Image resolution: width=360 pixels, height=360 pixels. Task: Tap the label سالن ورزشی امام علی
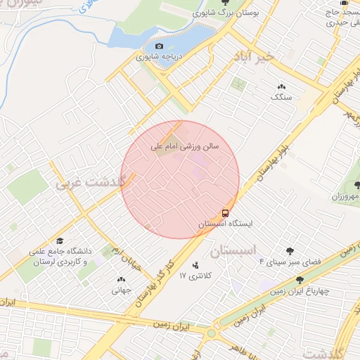pyautogui.click(x=186, y=147)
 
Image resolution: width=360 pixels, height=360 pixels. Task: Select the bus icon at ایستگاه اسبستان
pyautogui.click(x=225, y=212)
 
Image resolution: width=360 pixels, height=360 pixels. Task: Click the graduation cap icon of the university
pyautogui.click(x=59, y=240)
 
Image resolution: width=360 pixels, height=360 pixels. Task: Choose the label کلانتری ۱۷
pyautogui.click(x=195, y=275)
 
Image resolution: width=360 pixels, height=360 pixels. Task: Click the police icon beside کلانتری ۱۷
pyautogui.click(x=195, y=265)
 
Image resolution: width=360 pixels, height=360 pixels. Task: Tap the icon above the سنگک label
pyautogui.click(x=281, y=86)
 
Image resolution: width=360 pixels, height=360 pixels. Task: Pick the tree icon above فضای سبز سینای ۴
pyautogui.click(x=290, y=251)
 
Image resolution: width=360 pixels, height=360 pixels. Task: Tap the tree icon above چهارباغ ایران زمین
pyautogui.click(x=300, y=280)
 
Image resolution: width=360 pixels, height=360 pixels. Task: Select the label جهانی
pyautogui.click(x=121, y=289)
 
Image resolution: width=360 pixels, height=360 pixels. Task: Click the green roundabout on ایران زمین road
pyautogui.click(x=212, y=332)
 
